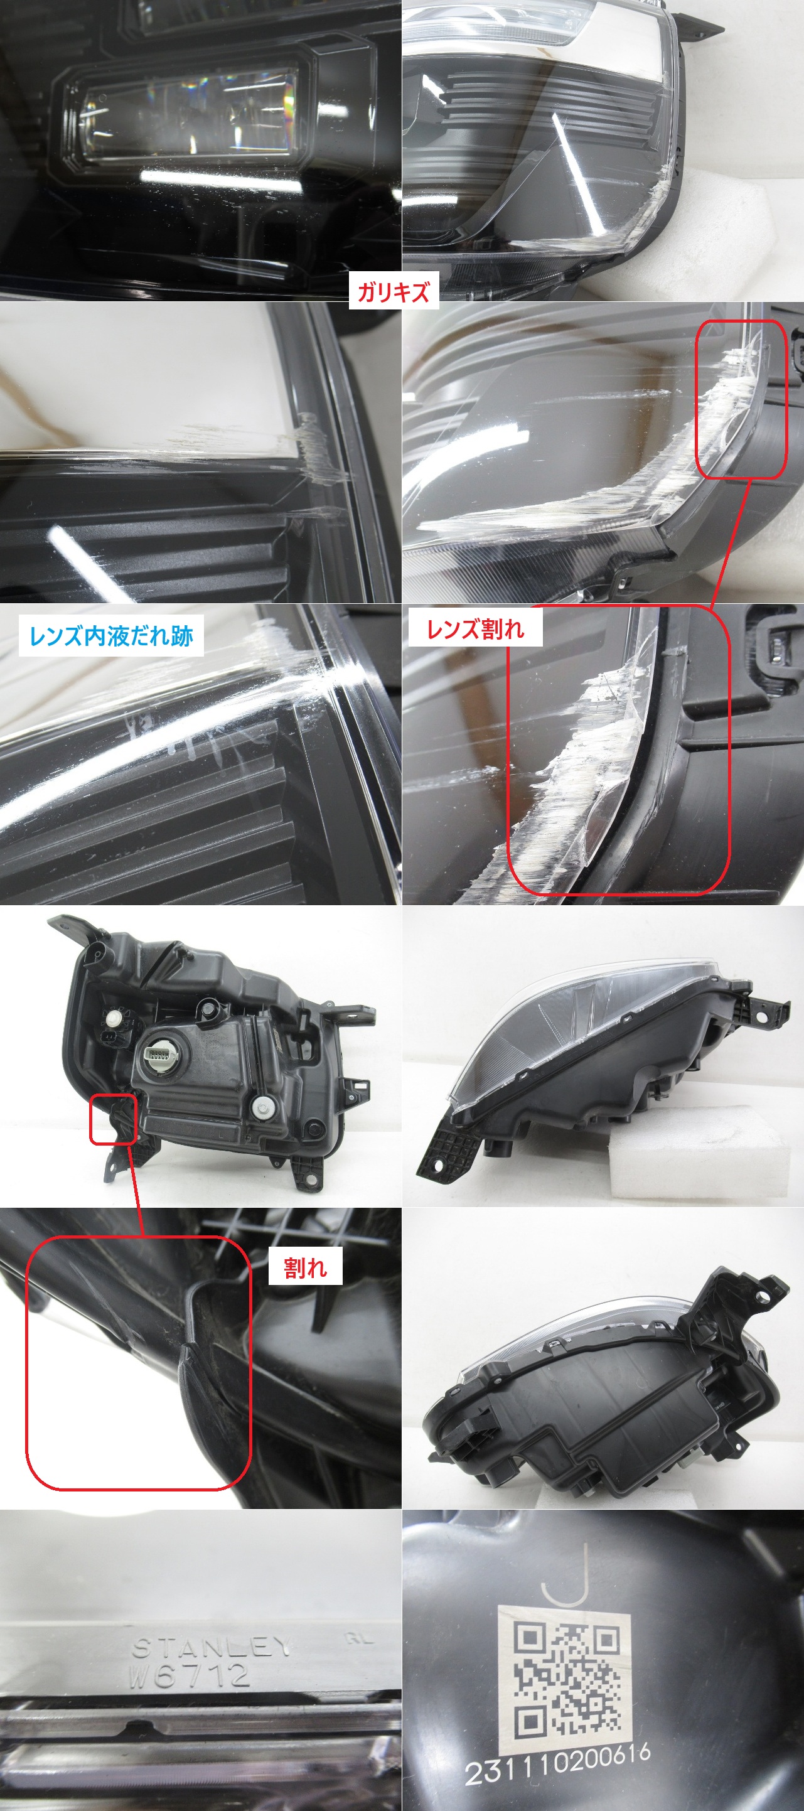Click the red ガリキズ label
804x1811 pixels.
[x=394, y=291]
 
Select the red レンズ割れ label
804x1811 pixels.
[x=475, y=628]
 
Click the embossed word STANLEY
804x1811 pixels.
[x=212, y=1647]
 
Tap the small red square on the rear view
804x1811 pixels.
[x=112, y=1119]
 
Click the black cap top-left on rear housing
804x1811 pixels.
[x=112, y=1016]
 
